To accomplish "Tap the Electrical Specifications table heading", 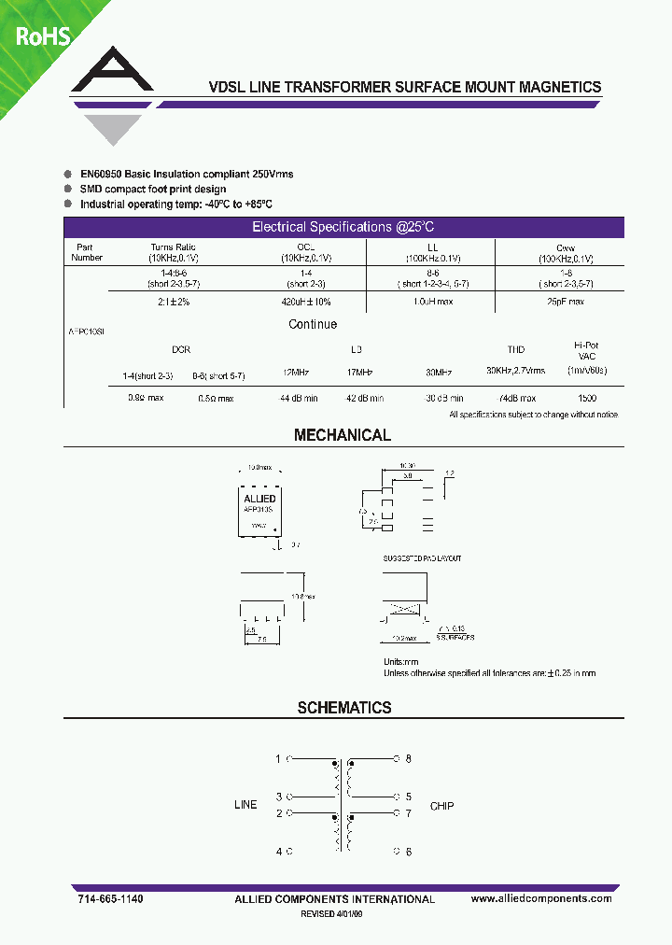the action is [x=343, y=227].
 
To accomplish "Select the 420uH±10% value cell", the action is [x=306, y=303].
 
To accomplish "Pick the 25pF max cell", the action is [x=565, y=303].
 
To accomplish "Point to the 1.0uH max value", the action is [x=432, y=303].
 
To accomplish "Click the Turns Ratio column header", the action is [x=174, y=247].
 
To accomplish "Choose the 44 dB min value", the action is [x=299, y=398].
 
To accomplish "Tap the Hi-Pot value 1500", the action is [x=586, y=398].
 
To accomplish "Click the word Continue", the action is [x=313, y=324].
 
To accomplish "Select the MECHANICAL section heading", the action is [x=343, y=435].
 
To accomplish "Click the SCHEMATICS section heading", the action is [x=344, y=708].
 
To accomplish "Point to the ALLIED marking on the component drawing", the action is [x=259, y=499].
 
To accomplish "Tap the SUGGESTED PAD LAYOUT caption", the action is [x=422, y=558].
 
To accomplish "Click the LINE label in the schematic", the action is [x=245, y=805].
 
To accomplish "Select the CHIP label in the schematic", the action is [x=441, y=805].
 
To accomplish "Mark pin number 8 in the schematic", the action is [x=408, y=759].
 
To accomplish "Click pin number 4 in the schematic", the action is [x=278, y=852].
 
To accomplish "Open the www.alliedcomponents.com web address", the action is [x=541, y=898].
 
